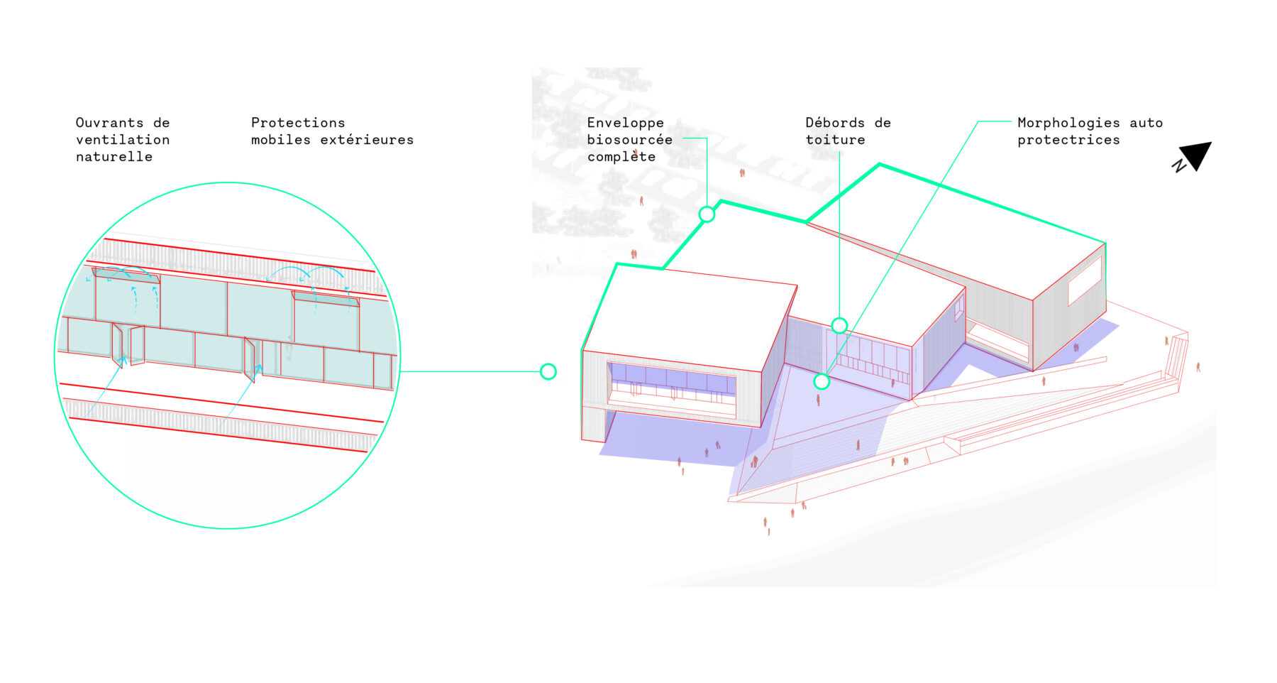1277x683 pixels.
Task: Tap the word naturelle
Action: [114, 157]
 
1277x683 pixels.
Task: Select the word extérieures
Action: [367, 140]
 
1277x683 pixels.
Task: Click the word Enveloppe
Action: [625, 124]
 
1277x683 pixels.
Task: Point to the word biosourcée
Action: [629, 140]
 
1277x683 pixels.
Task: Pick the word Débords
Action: [835, 123]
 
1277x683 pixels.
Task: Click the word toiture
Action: [835, 140]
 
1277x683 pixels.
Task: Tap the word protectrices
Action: [1068, 141]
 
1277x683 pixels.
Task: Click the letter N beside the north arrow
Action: [1178, 165]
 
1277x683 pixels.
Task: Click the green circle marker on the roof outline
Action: [707, 214]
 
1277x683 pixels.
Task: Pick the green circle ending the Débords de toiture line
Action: [839, 326]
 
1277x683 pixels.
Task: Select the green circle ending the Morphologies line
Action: [822, 381]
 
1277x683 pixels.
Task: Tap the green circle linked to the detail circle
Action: [548, 371]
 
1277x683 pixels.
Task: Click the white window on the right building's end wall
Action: [1085, 280]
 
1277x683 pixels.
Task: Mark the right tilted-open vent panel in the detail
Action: [326, 299]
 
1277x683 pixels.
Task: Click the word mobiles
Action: [281, 140]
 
